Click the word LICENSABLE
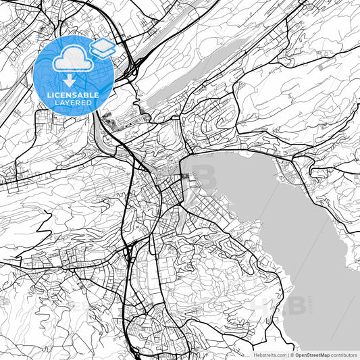73,95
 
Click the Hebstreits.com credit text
269,354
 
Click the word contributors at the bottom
343,354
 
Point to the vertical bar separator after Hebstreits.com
288,354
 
